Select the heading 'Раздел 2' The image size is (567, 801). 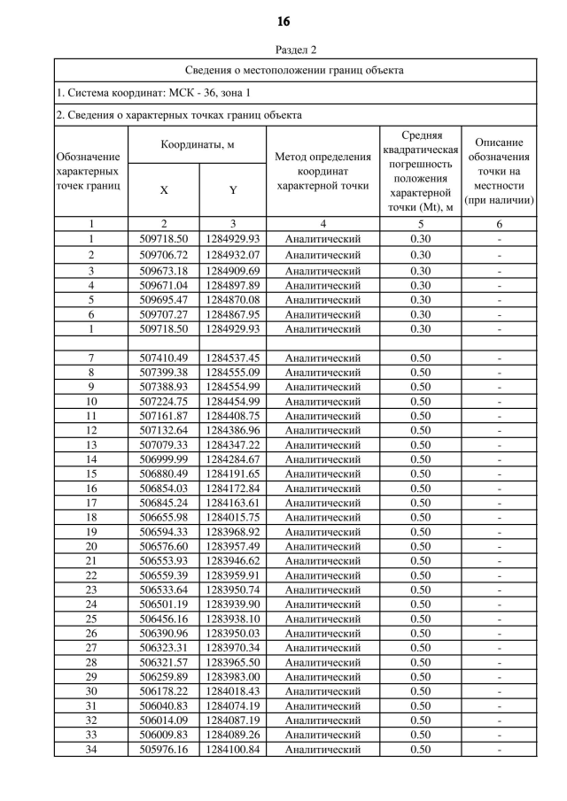[283, 50]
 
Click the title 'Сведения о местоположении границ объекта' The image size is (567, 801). [295, 70]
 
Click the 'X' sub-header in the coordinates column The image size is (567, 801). [163, 190]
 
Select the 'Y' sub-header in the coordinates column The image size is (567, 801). [232, 190]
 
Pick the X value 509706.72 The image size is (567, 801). [164, 255]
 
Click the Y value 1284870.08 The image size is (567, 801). [232, 300]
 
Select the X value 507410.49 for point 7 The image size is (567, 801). [164, 358]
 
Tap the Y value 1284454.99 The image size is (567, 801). [232, 401]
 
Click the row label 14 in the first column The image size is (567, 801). [91, 459]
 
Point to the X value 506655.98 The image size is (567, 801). [164, 517]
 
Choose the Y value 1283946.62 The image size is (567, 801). [232, 560]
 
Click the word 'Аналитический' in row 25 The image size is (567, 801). [322, 619]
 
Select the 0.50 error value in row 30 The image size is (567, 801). [420, 691]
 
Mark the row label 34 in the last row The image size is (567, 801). [91, 750]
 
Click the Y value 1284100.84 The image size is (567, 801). [232, 750]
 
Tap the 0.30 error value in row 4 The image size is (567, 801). [420, 285]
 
